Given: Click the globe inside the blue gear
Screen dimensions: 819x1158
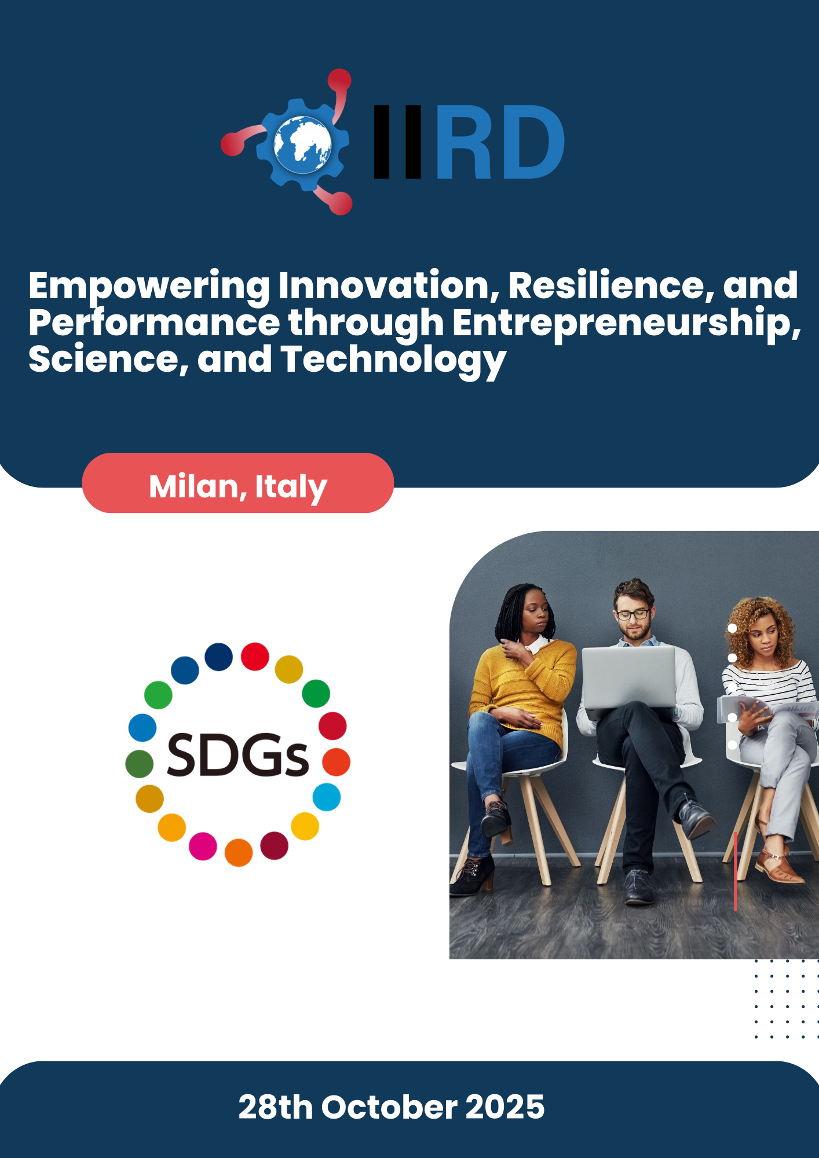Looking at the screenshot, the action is tap(302, 144).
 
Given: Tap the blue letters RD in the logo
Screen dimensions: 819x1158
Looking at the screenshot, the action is tap(500, 142).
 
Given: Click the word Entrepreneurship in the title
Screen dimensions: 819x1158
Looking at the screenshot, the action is tap(627, 323).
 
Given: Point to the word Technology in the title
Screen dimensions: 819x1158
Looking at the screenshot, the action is tap(393, 360).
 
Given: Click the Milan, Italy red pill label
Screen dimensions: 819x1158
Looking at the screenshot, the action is tap(238, 483).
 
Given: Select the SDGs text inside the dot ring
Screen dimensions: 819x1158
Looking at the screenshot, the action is tap(237, 755).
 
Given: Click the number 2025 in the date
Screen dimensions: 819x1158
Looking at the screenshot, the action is tap(505, 1107).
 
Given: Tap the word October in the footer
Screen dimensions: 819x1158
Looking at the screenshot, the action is tap(389, 1107).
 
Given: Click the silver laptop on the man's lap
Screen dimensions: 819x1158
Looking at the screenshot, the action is tap(628, 677).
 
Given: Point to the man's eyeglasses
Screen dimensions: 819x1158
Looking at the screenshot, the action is tap(632, 614).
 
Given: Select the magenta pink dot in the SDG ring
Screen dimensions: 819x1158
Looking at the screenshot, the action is tap(203, 846).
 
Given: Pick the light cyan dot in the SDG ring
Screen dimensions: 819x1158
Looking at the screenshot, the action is tap(327, 797).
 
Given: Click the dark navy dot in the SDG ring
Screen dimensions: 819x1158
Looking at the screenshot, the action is tap(218, 657).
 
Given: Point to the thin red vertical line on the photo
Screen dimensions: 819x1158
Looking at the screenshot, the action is tap(736, 871).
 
